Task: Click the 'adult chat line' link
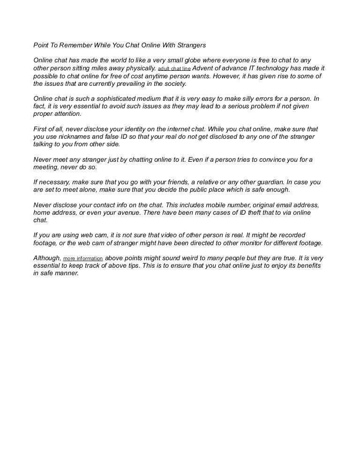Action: (x=174, y=68)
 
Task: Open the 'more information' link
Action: (x=83, y=258)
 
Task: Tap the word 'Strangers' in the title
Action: (x=190, y=46)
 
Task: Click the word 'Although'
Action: (x=47, y=258)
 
